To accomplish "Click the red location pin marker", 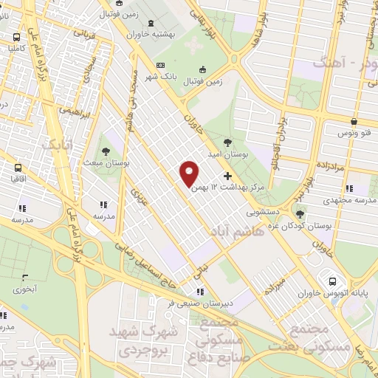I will [x=190, y=173].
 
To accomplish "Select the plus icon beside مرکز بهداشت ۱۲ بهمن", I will [x=227, y=176].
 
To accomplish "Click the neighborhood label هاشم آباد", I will [x=237, y=232].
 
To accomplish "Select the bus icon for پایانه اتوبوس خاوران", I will [x=333, y=281].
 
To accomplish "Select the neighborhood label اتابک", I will [x=57, y=145].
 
